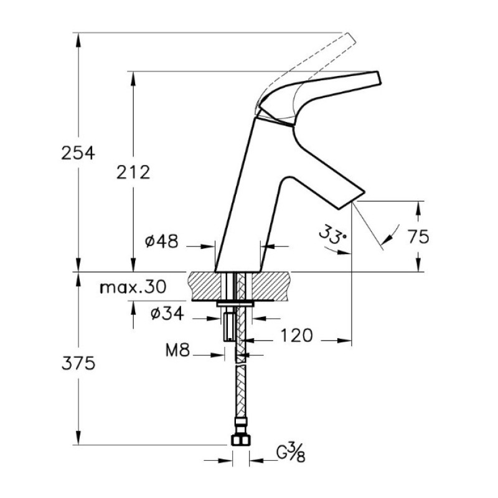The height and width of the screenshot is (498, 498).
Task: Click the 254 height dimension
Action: click(x=78, y=153)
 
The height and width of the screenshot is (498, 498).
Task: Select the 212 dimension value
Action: click(x=133, y=172)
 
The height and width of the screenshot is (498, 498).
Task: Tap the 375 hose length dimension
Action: click(x=78, y=363)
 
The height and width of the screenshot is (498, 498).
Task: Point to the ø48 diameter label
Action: click(x=162, y=242)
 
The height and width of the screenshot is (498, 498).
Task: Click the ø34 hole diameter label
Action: click(x=167, y=314)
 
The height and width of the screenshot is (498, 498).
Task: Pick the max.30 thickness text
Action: click(x=133, y=288)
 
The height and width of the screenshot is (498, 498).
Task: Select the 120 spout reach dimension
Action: click(x=297, y=336)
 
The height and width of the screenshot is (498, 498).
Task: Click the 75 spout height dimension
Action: click(x=418, y=237)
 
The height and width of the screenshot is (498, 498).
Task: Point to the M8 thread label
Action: click(x=177, y=350)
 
